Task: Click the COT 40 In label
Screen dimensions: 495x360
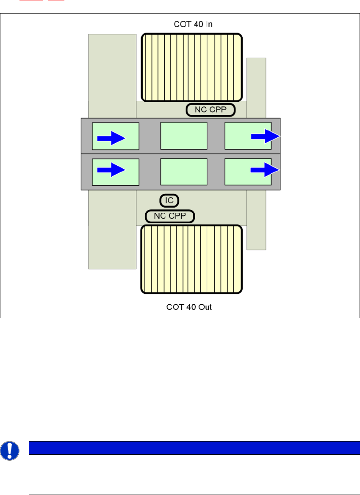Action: (193, 24)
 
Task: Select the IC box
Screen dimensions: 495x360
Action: (169, 200)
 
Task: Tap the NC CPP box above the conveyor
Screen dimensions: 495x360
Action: (211, 110)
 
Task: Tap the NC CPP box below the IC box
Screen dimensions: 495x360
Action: (170, 216)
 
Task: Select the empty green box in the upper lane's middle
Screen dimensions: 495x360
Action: (183, 136)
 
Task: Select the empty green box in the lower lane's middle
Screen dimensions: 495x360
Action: (183, 172)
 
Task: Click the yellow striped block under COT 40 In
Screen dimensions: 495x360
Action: (191, 67)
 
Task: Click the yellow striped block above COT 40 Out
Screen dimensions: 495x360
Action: (191, 259)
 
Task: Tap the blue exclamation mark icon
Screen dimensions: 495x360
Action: (9, 451)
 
